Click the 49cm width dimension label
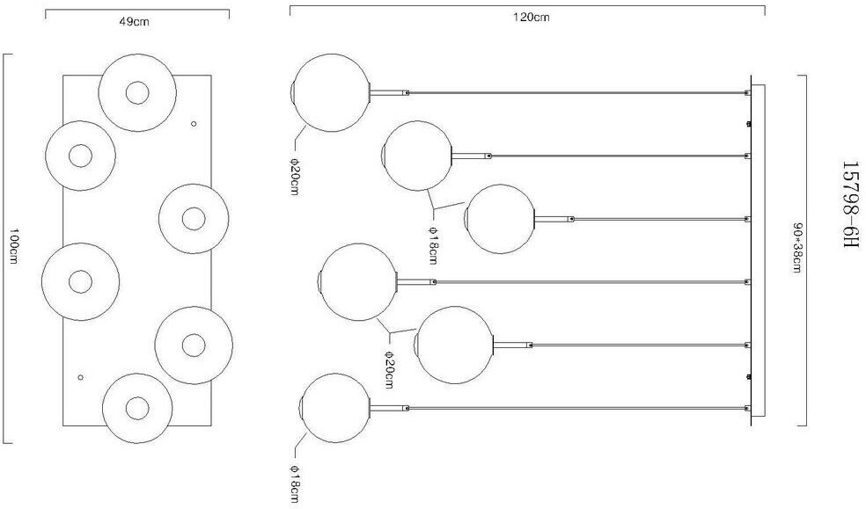coord(135,22)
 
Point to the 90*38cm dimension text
coord(797,247)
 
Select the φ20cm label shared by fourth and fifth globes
coord(388,367)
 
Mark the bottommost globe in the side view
coord(336,409)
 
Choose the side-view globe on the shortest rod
coord(500,219)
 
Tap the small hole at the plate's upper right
coord(194,126)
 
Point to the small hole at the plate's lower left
coord(80,377)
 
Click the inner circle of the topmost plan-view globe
coord(136,92)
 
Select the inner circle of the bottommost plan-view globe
coord(136,408)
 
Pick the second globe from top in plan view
coord(80,156)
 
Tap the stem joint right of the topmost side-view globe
coord(406,92)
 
